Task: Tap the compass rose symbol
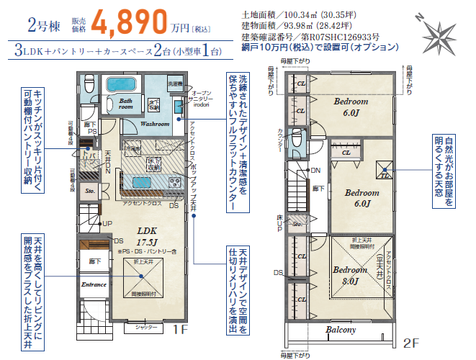437,32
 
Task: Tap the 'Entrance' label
94,284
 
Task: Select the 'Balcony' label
341,330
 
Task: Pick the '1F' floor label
179,330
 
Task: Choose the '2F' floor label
410,342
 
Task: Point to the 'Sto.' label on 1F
89,192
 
